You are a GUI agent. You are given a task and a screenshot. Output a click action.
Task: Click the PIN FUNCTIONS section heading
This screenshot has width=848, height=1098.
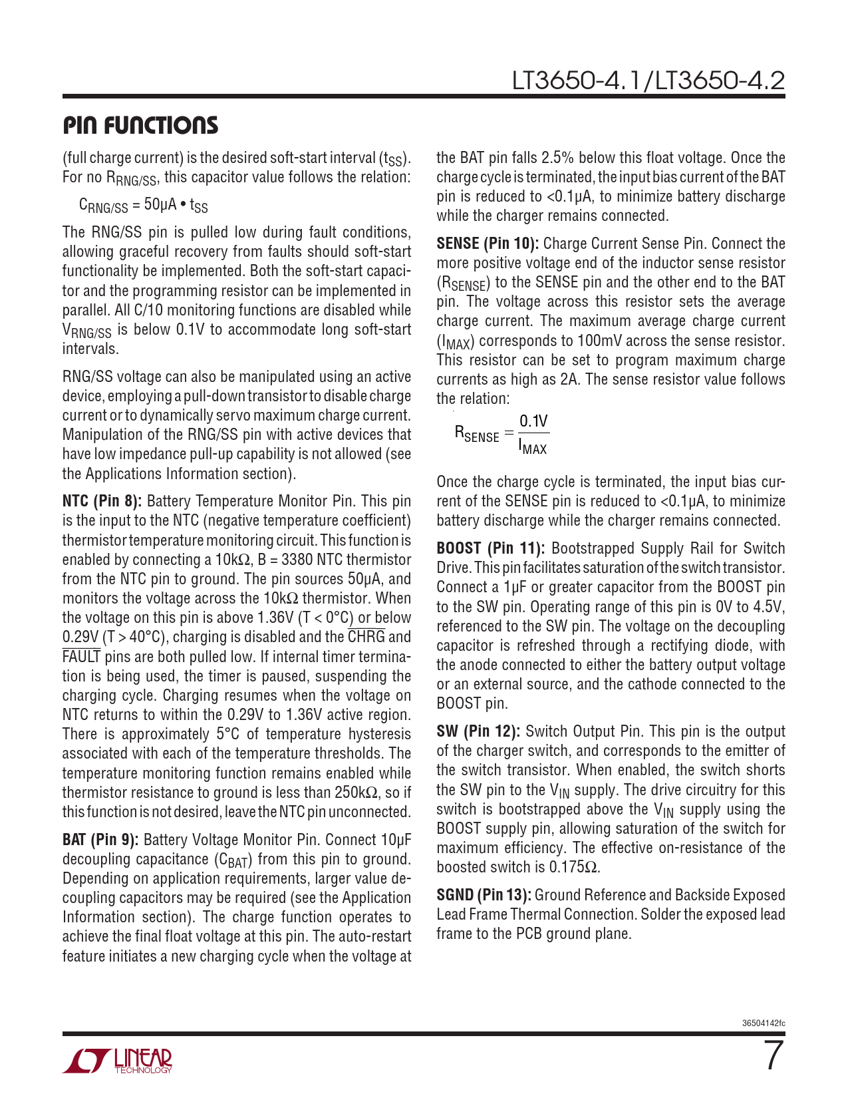tap(140, 126)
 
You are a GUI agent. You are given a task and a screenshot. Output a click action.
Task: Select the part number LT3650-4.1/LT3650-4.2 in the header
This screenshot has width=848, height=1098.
tap(648, 81)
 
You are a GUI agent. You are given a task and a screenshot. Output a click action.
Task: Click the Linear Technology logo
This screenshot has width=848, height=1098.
tap(118, 1061)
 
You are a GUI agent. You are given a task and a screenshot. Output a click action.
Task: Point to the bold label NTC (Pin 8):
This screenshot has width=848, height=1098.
tap(102, 501)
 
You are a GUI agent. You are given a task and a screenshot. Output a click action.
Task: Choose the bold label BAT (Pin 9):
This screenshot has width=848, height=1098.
tap(100, 840)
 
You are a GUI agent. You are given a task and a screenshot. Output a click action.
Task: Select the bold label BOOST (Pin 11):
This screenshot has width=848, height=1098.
tap(491, 548)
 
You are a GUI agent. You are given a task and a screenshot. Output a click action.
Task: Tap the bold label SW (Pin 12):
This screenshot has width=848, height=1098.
tap(478, 731)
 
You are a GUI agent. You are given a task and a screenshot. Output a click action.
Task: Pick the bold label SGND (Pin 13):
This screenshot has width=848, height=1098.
tap(484, 895)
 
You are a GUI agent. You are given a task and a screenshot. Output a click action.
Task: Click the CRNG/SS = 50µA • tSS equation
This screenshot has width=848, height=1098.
tap(143, 205)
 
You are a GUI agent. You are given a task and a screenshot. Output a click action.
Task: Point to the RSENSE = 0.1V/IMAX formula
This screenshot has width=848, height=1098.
tap(501, 434)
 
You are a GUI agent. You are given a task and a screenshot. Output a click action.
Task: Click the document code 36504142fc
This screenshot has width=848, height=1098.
tap(763, 1023)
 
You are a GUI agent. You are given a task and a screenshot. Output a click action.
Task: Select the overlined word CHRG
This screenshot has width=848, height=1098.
tap(366, 637)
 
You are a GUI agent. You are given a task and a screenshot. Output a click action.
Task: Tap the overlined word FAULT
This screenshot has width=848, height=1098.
tap(81, 657)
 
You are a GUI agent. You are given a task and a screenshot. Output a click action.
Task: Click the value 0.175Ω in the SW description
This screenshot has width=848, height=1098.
tap(575, 867)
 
